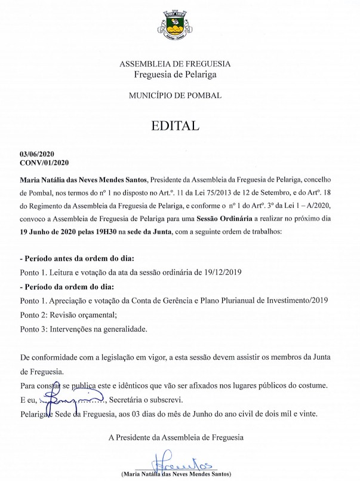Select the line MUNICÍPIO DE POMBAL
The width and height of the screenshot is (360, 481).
(175, 95)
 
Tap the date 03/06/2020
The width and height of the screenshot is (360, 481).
(37, 154)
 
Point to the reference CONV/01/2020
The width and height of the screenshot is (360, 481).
(45, 162)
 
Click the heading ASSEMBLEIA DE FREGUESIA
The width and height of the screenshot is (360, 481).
(175, 64)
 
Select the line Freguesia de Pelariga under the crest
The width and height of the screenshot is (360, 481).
(175, 75)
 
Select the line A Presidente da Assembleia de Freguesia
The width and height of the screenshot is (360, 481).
(176, 437)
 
